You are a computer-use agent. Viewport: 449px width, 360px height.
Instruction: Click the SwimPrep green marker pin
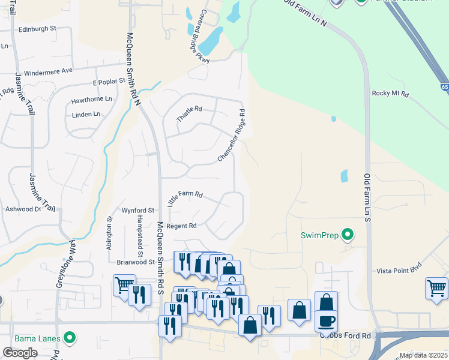347,234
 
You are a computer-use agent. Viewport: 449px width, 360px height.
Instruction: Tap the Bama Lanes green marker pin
70,338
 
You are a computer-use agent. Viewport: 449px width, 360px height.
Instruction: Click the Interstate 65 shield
444,88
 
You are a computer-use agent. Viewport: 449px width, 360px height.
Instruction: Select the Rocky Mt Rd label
390,94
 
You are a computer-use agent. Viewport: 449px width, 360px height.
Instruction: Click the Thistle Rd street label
190,114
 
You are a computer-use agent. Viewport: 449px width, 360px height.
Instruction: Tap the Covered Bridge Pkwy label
196,36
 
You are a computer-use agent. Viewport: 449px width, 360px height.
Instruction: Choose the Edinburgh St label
37,28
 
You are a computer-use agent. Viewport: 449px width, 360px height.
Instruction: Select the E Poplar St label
109,80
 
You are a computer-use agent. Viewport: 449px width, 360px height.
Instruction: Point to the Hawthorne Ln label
92,98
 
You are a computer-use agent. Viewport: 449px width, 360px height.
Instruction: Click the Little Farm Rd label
185,199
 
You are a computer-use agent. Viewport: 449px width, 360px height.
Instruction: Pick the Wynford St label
139,211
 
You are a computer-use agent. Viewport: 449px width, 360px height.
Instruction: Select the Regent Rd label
181,226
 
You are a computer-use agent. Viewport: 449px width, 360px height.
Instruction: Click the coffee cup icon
326,321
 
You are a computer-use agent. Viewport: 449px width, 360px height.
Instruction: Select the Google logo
20,353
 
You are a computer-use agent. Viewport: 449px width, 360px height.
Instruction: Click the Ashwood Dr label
22,209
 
